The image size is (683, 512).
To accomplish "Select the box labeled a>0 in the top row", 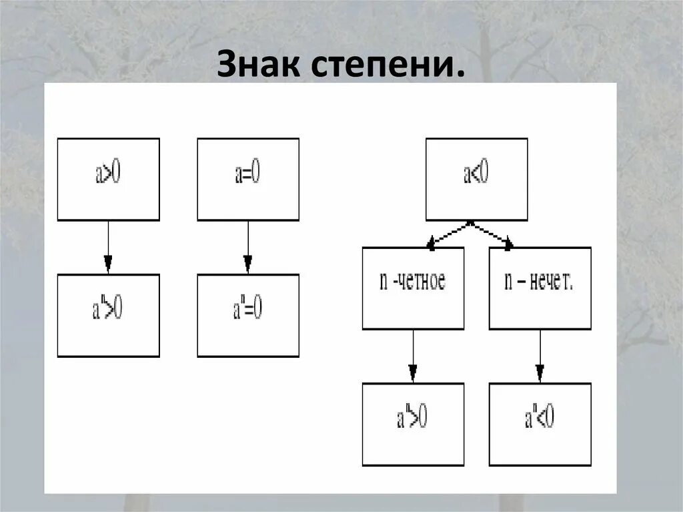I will (108, 179).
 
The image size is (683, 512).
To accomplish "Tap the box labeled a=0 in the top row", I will (248, 179).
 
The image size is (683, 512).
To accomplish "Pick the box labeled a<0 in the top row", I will (476, 179).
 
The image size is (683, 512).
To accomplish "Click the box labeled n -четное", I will (413, 288).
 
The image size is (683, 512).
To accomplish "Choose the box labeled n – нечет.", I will (540, 288).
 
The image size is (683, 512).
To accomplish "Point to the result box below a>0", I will (108, 315).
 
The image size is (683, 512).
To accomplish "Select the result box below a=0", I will (248, 315).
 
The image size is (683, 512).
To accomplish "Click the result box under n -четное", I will (413, 424).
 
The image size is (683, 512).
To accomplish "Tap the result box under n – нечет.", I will (540, 424).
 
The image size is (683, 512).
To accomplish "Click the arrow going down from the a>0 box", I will (108, 247).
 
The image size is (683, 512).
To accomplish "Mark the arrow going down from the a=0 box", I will (248, 247).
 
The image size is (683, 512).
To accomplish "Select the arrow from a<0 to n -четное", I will (448, 234).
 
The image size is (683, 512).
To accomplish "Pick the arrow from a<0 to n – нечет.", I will (492, 234).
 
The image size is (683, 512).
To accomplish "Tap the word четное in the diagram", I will (422, 281).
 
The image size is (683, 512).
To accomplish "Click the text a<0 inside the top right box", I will (476, 175).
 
